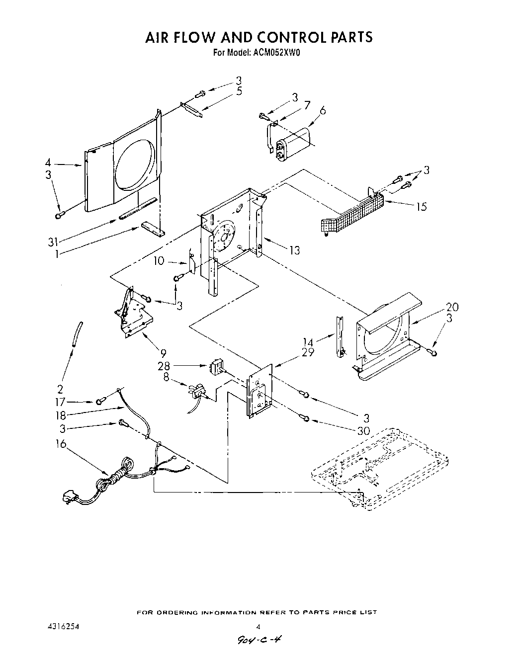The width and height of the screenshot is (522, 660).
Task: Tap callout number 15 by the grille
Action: (x=421, y=206)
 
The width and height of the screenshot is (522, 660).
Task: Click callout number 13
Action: (x=294, y=250)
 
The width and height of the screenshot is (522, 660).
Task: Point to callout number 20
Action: (x=452, y=307)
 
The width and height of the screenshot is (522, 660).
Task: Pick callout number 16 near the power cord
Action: (x=61, y=444)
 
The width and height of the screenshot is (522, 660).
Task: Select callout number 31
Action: (x=53, y=242)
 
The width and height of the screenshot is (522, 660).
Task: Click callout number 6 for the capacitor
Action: (x=323, y=111)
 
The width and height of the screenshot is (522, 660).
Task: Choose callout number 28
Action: (x=164, y=366)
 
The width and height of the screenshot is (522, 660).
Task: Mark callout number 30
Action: (x=364, y=431)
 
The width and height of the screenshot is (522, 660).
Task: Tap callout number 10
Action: (x=159, y=261)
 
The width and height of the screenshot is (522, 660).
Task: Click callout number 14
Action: (x=309, y=342)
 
